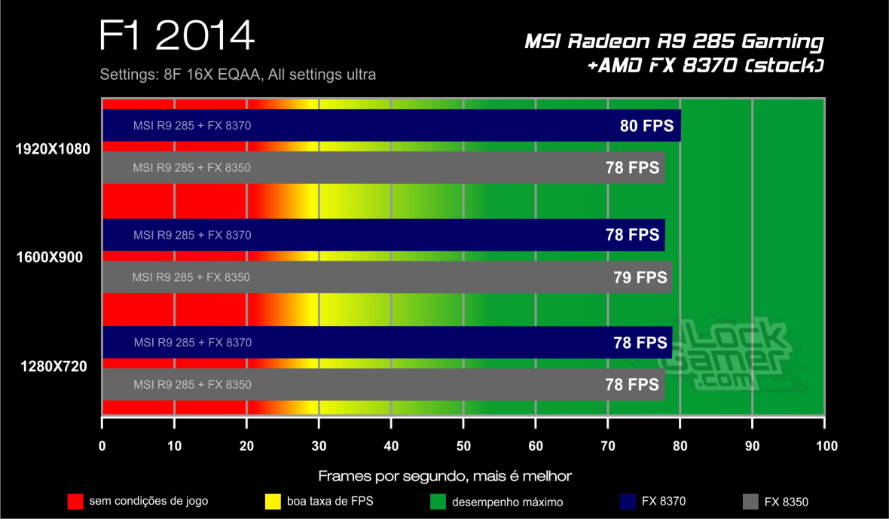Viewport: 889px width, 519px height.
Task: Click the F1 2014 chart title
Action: (x=176, y=37)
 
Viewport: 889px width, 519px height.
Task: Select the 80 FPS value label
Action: (x=646, y=126)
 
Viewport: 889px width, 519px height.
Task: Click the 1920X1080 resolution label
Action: (x=53, y=149)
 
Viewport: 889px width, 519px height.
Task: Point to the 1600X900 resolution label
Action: (x=50, y=258)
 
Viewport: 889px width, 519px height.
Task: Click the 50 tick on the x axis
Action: (x=463, y=446)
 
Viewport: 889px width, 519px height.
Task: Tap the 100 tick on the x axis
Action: (x=825, y=446)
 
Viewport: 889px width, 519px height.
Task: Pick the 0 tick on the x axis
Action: (x=102, y=446)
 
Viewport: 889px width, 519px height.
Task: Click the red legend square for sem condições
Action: (x=75, y=501)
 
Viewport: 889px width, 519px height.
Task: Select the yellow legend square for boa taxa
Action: (x=273, y=501)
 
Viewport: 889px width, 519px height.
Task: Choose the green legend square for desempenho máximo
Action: (x=437, y=501)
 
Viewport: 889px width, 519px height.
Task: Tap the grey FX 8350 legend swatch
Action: (x=750, y=501)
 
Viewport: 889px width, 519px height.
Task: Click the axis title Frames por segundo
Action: (x=444, y=476)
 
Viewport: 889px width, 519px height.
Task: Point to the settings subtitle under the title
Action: (x=237, y=75)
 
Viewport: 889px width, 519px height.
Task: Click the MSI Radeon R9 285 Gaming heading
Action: (x=674, y=42)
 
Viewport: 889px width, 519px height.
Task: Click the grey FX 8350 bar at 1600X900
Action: (x=377, y=277)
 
